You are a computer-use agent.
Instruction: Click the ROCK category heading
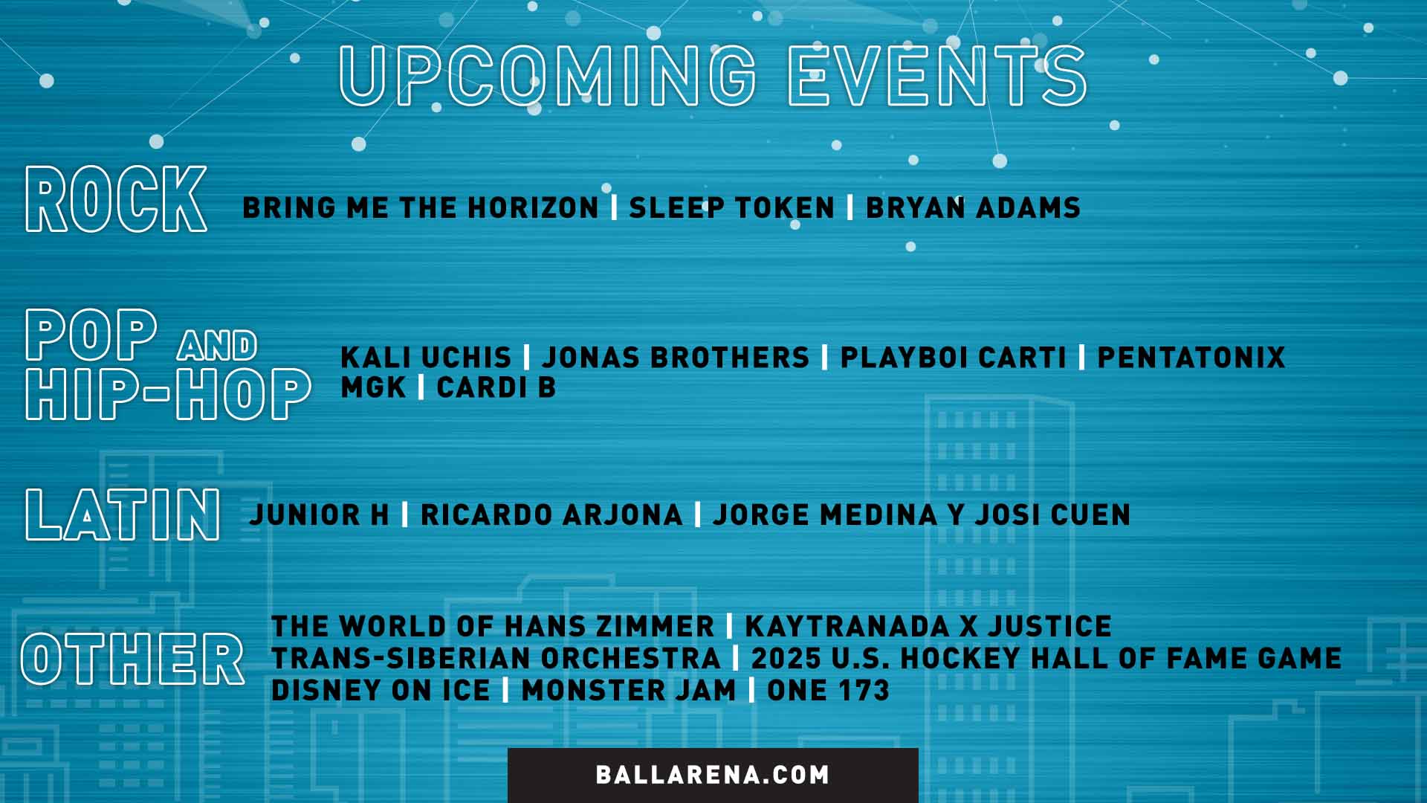click(x=116, y=199)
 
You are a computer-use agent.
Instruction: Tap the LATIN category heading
click(x=123, y=514)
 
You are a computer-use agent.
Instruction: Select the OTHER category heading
click(x=132, y=658)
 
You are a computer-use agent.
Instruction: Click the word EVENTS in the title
click(x=937, y=75)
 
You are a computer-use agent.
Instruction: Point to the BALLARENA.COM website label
click(x=713, y=775)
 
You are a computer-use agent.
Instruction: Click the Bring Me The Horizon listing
click(x=421, y=207)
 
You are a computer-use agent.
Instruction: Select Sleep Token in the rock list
click(x=732, y=207)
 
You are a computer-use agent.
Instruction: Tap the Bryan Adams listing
click(x=973, y=207)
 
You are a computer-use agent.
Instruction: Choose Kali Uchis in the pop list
click(x=426, y=358)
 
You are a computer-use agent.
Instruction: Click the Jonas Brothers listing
click(x=676, y=358)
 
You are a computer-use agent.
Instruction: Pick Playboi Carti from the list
click(x=954, y=358)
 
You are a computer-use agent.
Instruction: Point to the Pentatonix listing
click(x=1191, y=358)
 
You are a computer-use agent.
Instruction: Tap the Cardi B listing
click(x=496, y=387)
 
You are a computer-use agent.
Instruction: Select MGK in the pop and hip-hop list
click(x=373, y=387)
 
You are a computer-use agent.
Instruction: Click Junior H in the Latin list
click(x=320, y=515)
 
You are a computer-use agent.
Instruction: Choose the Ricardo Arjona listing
click(x=551, y=515)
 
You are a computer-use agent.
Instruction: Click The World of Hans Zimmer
click(x=493, y=626)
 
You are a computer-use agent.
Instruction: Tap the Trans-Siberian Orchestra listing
click(x=496, y=658)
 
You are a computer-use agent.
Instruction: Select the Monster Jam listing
click(x=629, y=690)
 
